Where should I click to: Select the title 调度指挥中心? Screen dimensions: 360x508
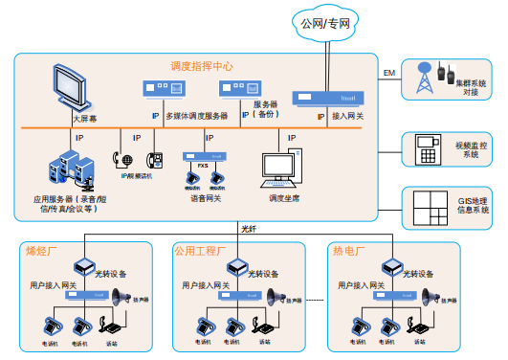pos(202,66)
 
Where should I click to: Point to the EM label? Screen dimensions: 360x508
pos(388,73)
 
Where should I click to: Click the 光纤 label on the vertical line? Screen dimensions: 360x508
pos(250,229)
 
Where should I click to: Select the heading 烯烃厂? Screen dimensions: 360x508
pos(40,251)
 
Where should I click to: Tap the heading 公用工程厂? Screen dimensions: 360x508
pos(199,251)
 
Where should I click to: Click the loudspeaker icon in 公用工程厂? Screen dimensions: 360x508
pos(276,298)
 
